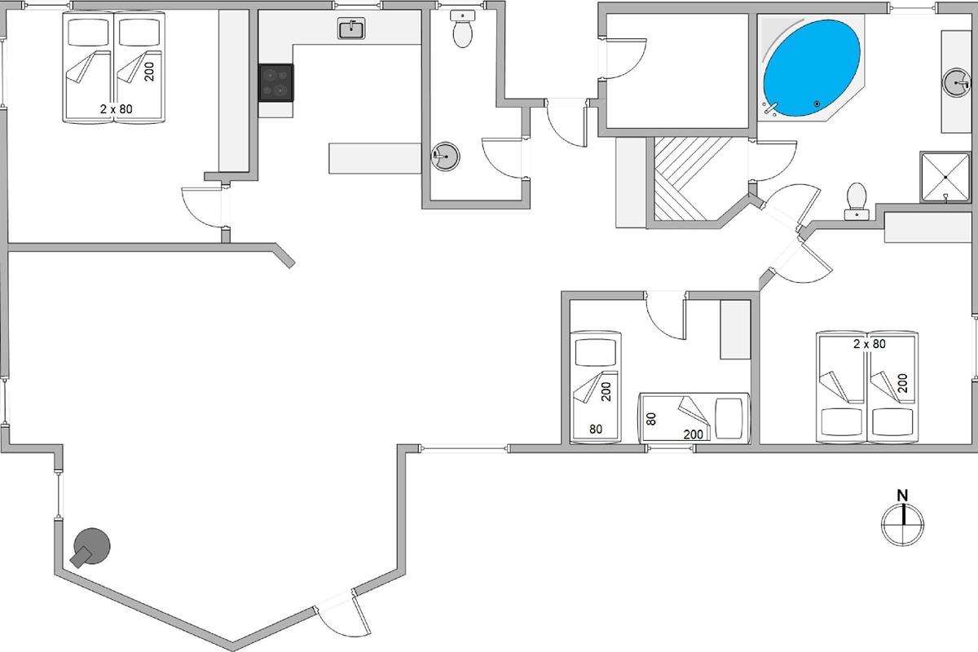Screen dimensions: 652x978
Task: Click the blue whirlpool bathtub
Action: pos(812,70)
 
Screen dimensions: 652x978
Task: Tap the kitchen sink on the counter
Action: pos(352,29)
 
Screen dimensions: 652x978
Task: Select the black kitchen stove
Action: pos(276,82)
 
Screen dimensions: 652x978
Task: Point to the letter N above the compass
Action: pos(902,495)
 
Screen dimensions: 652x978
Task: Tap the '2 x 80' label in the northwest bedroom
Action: pos(116,108)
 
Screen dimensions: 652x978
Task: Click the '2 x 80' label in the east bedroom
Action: pos(869,344)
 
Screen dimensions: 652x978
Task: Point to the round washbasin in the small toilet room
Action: pos(445,155)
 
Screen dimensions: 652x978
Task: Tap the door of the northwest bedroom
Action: pos(201,208)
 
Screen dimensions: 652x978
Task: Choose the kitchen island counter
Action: pos(373,157)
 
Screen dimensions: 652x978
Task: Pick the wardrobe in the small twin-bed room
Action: pos(734,329)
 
